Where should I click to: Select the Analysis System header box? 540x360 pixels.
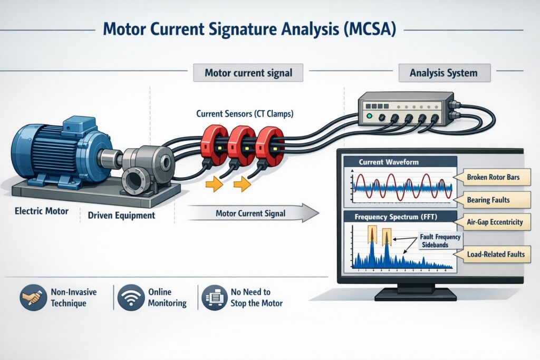click(443, 73)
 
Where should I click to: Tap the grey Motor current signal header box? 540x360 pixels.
click(248, 73)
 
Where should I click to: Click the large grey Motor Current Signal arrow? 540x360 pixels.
click(252, 213)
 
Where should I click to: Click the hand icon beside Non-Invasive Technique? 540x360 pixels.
click(32, 298)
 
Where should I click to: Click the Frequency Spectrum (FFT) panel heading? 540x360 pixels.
click(399, 217)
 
